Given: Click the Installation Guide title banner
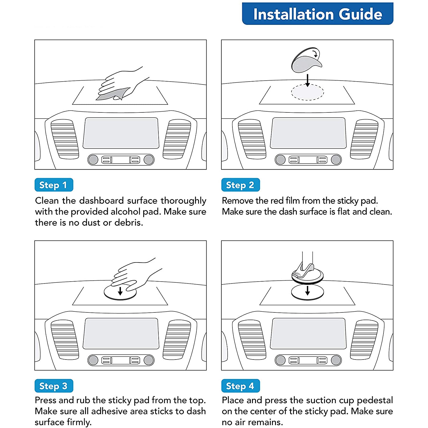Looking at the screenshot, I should pyautogui.click(x=318, y=14).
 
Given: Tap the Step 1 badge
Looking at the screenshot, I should pyautogui.click(x=54, y=185).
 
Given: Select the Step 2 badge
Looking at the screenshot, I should pyautogui.click(x=240, y=185).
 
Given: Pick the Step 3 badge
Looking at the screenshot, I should pyautogui.click(x=54, y=386).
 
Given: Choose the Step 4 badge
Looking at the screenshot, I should pyautogui.click(x=240, y=386).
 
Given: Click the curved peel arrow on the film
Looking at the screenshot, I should pyautogui.click(x=315, y=54).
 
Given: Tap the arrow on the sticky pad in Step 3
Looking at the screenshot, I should pyautogui.click(x=120, y=291).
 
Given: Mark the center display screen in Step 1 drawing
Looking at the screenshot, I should pyautogui.click(x=121, y=133).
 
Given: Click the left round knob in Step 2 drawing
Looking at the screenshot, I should pyautogui.click(x=280, y=160).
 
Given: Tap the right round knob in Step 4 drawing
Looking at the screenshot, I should pyautogui.click(x=336, y=360).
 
